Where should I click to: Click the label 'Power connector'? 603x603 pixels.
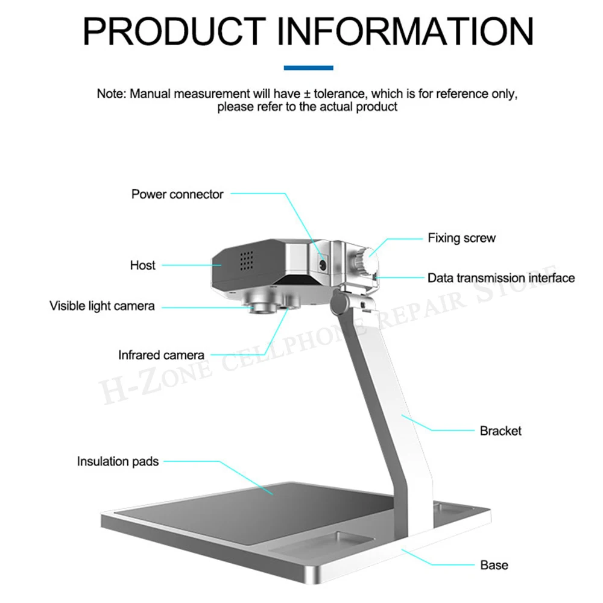coord(177,194)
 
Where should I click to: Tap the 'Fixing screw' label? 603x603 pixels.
coord(461,238)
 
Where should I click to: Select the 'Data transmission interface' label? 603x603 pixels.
coord(501,278)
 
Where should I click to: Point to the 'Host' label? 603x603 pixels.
coord(142,265)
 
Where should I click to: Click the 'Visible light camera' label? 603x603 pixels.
coord(102,306)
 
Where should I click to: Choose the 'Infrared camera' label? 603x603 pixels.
coord(161,355)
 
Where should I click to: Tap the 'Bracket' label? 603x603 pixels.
coord(500,431)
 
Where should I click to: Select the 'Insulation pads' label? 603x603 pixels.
coord(118,462)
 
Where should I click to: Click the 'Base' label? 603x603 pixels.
coord(494,565)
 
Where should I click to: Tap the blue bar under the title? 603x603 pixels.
coord(308,68)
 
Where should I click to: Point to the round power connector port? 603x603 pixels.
coord(323,264)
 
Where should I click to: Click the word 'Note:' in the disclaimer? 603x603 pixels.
coord(112,94)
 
